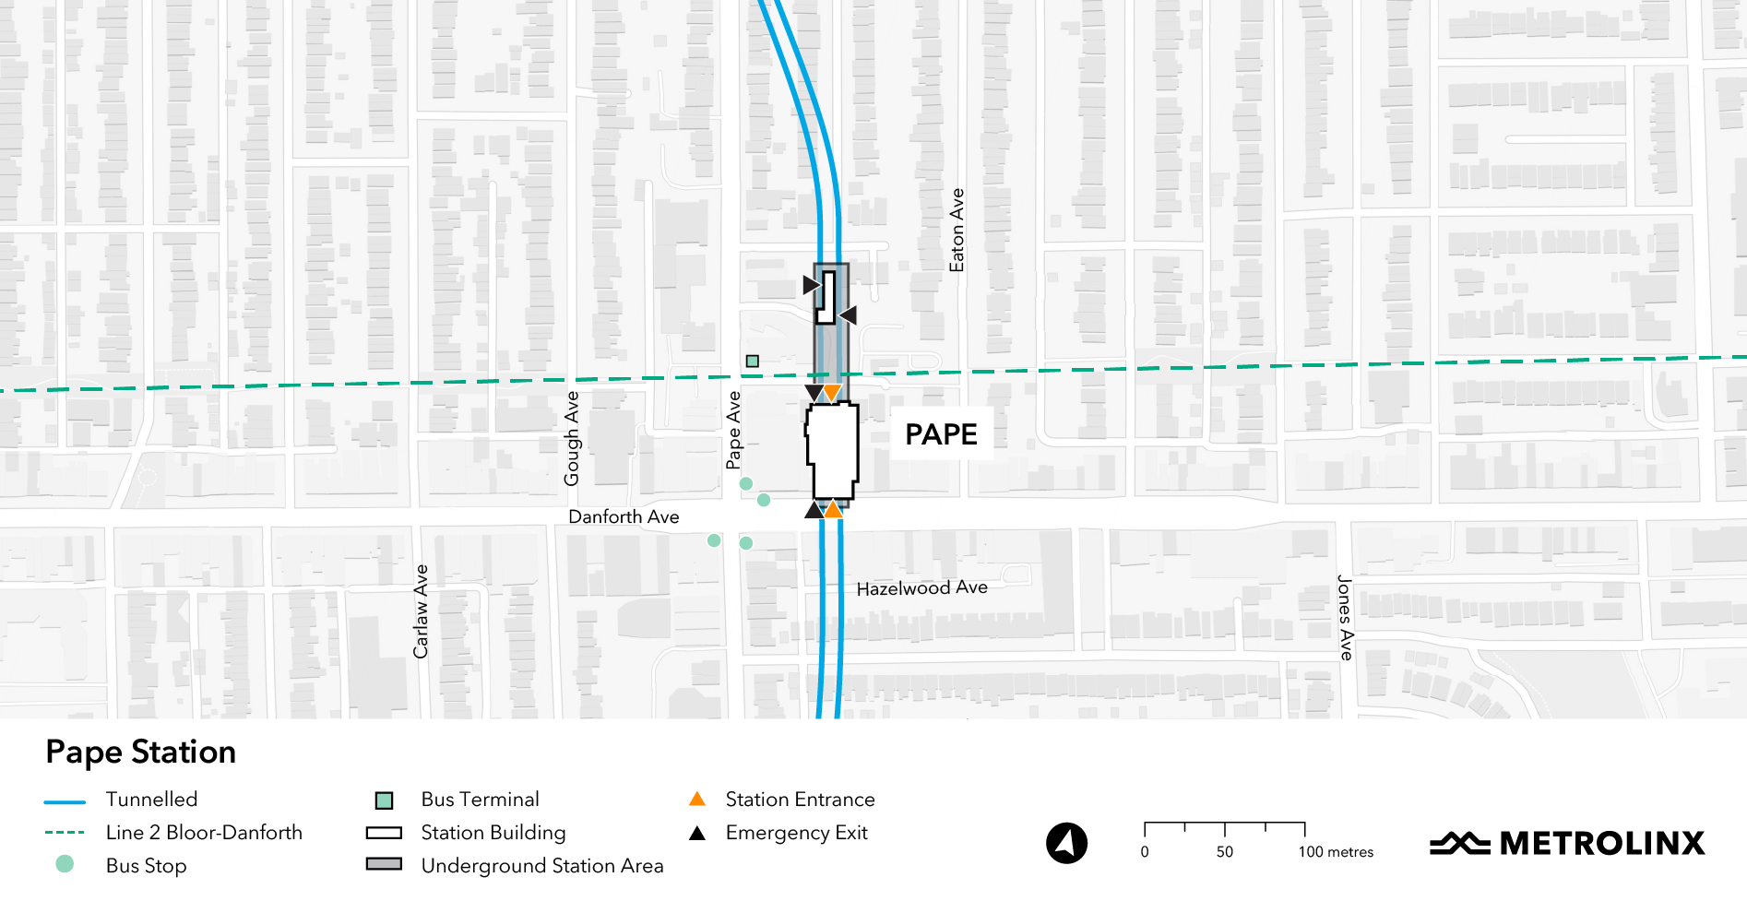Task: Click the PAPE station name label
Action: pos(941,434)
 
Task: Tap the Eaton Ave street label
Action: pos(957,231)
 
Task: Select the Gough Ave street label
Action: pos(572,438)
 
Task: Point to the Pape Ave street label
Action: pos(733,430)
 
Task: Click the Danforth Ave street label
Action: pos(624,517)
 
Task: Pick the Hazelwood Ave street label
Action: pos(921,588)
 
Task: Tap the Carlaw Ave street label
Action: pos(421,611)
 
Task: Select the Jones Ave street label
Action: pos(1346,618)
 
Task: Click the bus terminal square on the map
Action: pos(753,362)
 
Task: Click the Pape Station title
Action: pos(141,753)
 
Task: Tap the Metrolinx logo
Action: pos(1567,843)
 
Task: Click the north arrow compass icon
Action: pos(1066,843)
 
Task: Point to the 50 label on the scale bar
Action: pos(1225,852)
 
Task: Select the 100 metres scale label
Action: pos(1336,852)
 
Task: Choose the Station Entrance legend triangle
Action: pos(697,799)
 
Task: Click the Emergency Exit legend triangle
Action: pos(697,834)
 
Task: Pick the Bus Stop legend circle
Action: pos(65,864)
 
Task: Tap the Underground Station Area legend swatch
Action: pos(384,865)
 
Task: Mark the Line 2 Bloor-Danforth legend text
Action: pos(204,833)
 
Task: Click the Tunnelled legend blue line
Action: pos(65,800)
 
